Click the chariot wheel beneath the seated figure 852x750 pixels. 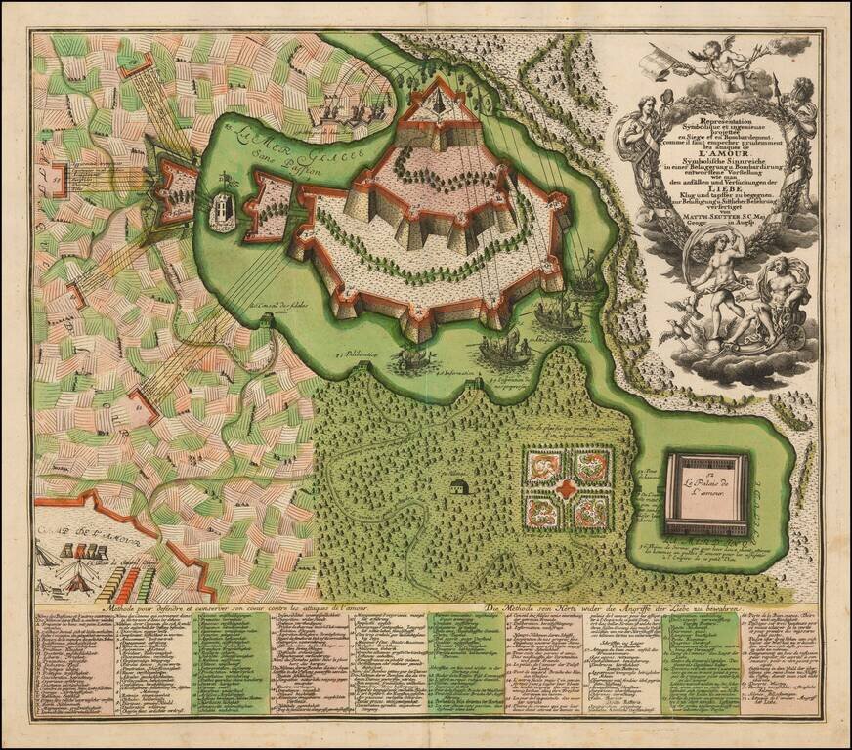794,335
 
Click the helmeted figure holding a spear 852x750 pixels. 799,107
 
